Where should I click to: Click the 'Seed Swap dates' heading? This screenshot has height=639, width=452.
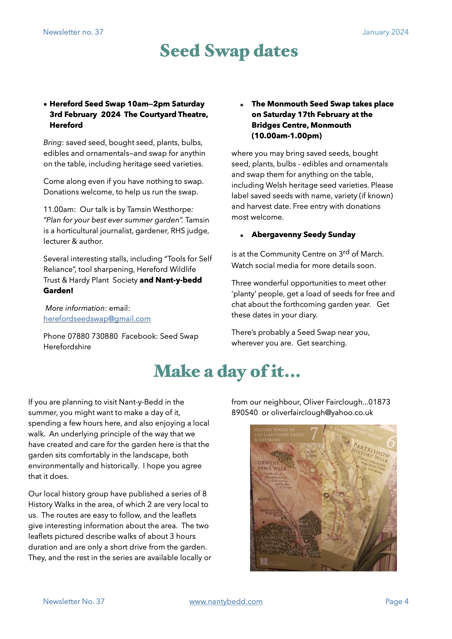point(229,51)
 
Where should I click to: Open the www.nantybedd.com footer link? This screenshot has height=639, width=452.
point(226,601)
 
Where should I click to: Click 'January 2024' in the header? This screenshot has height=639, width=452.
point(385,32)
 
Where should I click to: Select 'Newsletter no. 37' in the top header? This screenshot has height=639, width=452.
point(73,32)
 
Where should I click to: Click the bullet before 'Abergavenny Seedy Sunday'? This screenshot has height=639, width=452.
point(242,235)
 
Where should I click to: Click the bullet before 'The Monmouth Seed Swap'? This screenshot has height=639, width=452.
point(242,105)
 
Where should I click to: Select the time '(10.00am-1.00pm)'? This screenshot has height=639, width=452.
point(286,136)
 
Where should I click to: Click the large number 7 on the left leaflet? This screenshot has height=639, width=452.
point(314,433)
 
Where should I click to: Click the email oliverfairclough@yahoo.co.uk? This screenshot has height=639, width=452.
point(322,413)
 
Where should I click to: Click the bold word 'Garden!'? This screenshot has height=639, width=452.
point(58,291)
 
